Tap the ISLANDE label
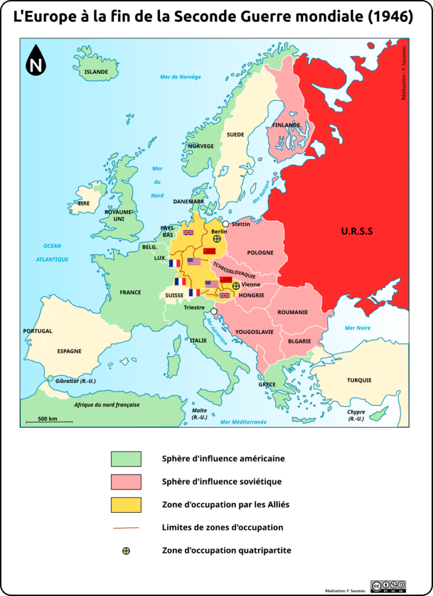point(96,72)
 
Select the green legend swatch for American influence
point(126,459)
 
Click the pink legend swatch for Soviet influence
point(126,482)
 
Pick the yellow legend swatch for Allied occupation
point(126,505)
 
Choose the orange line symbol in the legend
point(126,528)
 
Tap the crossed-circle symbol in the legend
point(126,551)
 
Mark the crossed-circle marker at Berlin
point(216,239)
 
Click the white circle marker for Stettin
point(226,224)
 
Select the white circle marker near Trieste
point(214,311)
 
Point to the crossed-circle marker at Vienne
point(236,286)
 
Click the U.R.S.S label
point(357,232)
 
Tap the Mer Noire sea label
point(357,328)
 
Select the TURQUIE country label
point(359,381)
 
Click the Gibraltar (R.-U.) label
point(75,381)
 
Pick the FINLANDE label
point(286,125)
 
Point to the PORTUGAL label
point(38,331)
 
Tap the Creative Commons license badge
point(388,586)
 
